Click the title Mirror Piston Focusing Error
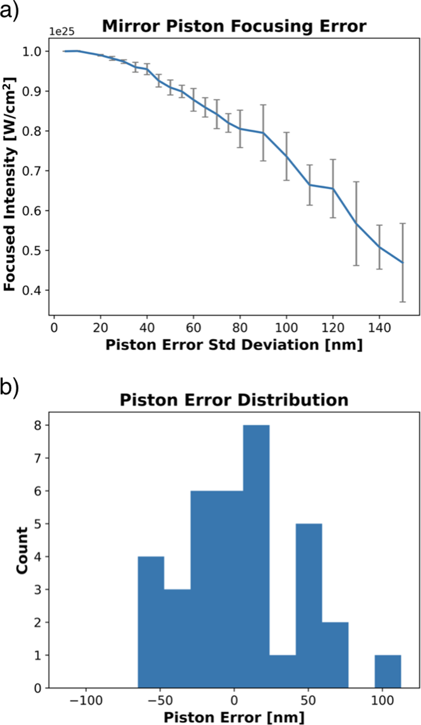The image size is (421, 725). (x=234, y=27)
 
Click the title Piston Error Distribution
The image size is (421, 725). (x=234, y=400)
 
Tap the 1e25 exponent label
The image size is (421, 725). (x=62, y=32)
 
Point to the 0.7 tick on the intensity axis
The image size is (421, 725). (x=32, y=171)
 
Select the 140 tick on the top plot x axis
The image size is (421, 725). (x=379, y=328)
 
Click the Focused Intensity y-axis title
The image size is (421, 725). (x=10, y=184)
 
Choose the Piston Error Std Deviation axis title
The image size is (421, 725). (x=234, y=345)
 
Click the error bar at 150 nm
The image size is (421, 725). (x=403, y=263)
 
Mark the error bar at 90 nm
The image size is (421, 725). (x=263, y=133)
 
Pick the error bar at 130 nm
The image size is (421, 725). (x=356, y=223)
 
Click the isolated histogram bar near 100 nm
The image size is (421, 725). (x=388, y=671)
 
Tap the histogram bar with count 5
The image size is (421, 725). (x=309, y=606)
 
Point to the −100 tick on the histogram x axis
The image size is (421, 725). (x=86, y=701)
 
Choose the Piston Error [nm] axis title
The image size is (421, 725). (x=234, y=717)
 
